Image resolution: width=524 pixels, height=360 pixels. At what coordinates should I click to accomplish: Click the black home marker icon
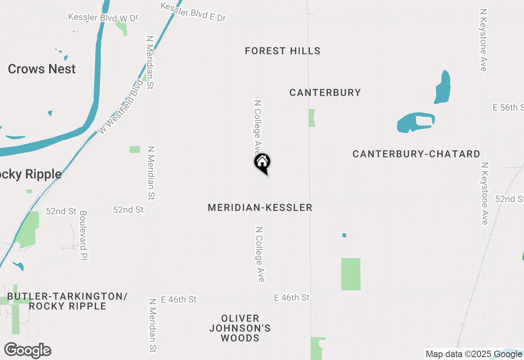262,162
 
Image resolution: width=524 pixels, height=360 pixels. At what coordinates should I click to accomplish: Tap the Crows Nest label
42,69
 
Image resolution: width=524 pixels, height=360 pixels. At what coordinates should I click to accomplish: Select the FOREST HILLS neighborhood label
282,51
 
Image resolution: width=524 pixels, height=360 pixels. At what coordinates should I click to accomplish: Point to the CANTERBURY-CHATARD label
416,154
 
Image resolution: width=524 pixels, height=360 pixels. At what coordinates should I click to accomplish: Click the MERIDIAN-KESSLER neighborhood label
260,208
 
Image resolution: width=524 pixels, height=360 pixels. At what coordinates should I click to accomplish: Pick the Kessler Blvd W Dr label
103,18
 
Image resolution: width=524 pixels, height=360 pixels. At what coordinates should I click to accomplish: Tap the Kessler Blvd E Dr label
193,12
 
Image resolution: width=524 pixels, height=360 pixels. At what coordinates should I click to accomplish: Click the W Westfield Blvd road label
122,107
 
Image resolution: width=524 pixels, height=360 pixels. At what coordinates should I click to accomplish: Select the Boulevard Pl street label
84,235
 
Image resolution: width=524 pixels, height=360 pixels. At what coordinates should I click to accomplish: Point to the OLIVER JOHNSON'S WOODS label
240,328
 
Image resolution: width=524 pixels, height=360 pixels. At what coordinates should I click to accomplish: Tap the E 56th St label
508,108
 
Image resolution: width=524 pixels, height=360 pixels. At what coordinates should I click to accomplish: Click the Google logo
28,351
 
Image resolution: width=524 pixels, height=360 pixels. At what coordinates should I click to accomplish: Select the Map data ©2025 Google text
474,354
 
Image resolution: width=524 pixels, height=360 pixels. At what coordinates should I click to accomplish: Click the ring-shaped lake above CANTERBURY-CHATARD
416,122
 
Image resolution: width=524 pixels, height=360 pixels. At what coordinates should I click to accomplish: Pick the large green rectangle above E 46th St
351,274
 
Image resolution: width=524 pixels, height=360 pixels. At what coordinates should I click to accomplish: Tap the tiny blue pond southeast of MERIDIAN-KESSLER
344,235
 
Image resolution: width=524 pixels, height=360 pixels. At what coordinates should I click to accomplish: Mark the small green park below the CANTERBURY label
312,118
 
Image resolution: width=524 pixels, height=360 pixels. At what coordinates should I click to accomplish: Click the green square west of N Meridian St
135,150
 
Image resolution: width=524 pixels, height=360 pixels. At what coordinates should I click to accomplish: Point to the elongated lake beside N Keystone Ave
443,87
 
